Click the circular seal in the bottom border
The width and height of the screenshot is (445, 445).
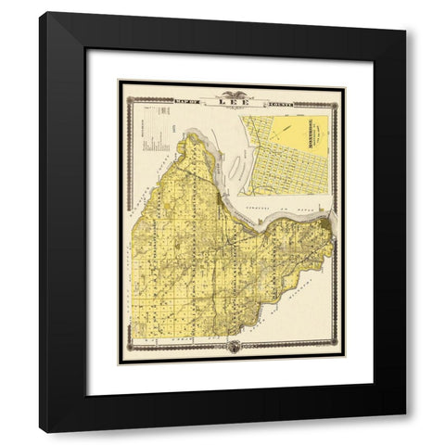pos(232,348)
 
